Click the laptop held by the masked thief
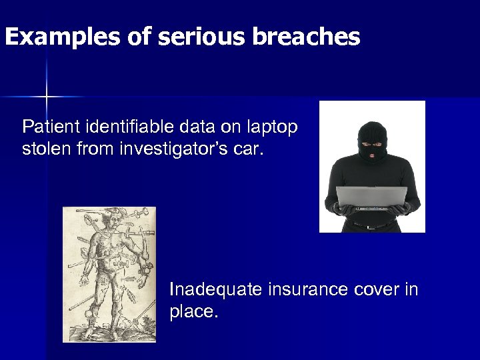[x=371, y=198]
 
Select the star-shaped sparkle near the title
[x=47, y=97]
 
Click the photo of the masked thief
[x=372, y=167]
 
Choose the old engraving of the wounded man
[x=109, y=275]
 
